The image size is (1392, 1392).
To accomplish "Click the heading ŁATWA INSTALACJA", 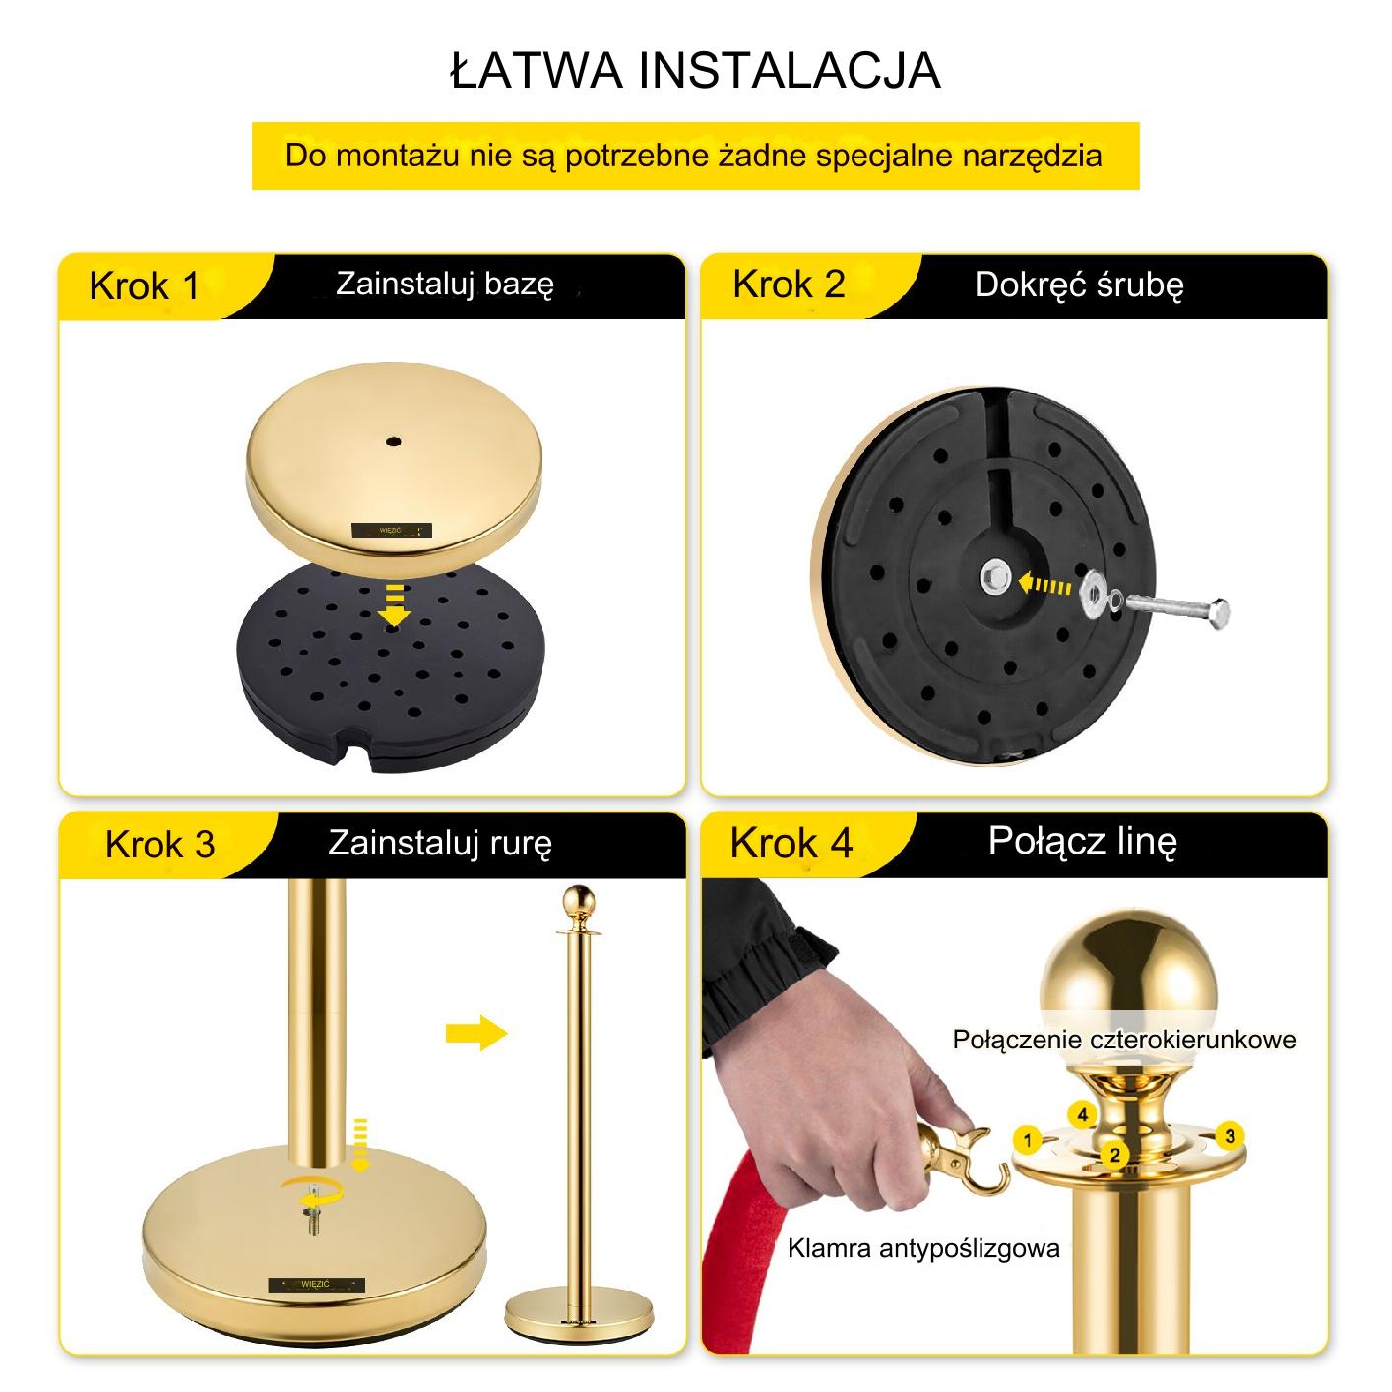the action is tap(695, 70).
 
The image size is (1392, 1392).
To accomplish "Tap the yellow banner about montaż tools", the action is tap(695, 156).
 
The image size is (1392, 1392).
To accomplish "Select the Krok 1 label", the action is tap(145, 286).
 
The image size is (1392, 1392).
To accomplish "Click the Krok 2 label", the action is tap(789, 284).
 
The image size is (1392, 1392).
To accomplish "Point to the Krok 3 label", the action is tap(160, 844).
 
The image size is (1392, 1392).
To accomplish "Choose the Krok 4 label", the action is tap(791, 843).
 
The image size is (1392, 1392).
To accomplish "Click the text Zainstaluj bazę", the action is tap(445, 284).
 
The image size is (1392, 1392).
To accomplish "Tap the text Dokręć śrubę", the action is tap(1079, 285).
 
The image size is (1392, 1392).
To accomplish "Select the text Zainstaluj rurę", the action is tap(440, 843).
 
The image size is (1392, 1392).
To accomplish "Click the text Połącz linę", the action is tap(1083, 841).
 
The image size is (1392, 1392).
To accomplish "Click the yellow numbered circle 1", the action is tap(1027, 1141).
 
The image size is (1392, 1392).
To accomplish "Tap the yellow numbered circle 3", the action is tap(1231, 1136).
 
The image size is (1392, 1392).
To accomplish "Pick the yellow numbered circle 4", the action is tap(1081, 1115).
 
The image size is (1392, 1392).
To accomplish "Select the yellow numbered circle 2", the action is tap(1114, 1155).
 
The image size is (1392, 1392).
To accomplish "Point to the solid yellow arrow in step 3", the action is tap(476, 1033).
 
